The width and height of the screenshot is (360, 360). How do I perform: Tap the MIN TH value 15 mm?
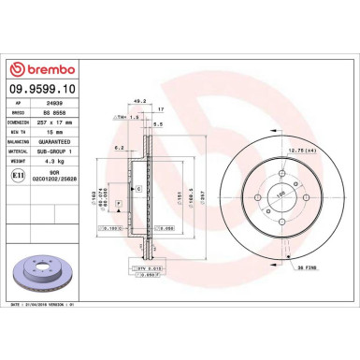tap(65, 130)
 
